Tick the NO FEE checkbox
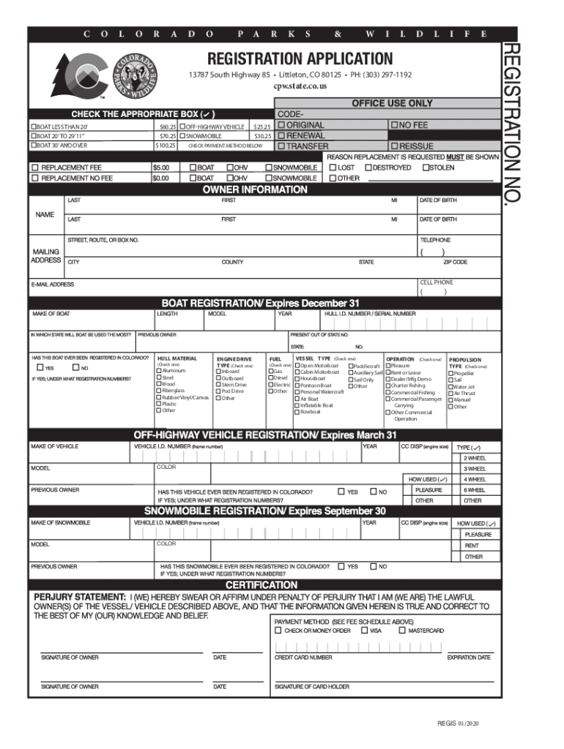coord(394,125)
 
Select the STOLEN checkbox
coord(424,168)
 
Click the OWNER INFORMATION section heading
coord(254,189)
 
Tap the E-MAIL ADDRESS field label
coord(52,285)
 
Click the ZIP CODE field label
coord(455,262)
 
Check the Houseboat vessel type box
coord(297,379)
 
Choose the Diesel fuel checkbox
coord(270,378)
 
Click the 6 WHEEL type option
coord(474,490)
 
